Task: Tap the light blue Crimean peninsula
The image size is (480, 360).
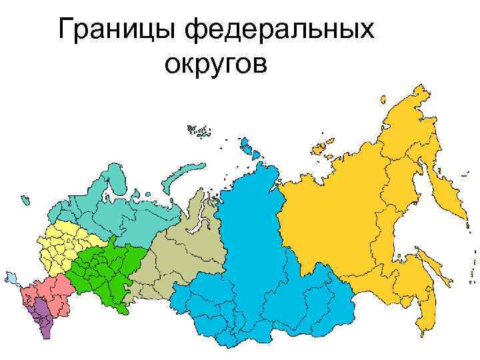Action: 11,277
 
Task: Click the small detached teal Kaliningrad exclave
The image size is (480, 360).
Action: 25,199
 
